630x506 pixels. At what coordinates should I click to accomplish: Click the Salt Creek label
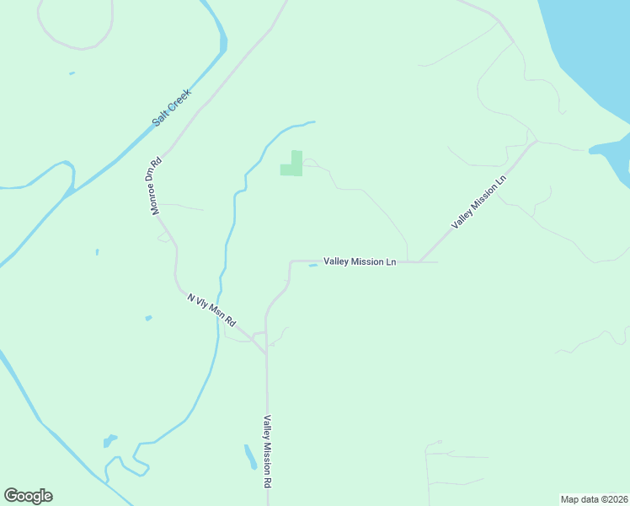172,107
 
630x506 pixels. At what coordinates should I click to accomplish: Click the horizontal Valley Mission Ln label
360,261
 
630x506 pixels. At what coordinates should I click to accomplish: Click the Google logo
28,496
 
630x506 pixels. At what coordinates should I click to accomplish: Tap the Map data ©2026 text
594,499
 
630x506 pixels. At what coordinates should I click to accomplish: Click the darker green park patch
291,164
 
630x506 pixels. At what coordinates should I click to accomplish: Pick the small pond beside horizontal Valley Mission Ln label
313,266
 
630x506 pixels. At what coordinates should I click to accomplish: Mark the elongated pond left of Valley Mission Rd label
250,456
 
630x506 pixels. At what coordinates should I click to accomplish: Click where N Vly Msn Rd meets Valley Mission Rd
265,350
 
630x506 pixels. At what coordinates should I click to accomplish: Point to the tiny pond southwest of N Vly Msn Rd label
148,318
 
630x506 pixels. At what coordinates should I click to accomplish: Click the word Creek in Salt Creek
180,99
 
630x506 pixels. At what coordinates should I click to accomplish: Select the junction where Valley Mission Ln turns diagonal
419,261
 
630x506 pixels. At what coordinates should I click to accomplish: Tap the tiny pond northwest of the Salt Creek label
72,73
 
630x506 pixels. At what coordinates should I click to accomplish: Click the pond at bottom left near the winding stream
109,440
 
